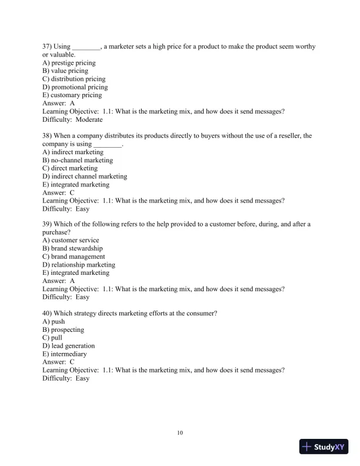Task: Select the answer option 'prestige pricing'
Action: [73, 63]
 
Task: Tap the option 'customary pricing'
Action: [76, 95]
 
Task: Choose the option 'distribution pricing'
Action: [78, 79]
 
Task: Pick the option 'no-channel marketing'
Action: [82, 160]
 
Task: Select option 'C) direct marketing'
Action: [70, 168]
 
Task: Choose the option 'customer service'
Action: [75, 241]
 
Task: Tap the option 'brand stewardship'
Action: [76, 249]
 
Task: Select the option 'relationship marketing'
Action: [83, 265]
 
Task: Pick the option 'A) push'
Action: [54, 322]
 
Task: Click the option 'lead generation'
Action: [72, 346]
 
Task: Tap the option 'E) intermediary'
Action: [65, 354]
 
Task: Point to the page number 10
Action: [180, 433]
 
